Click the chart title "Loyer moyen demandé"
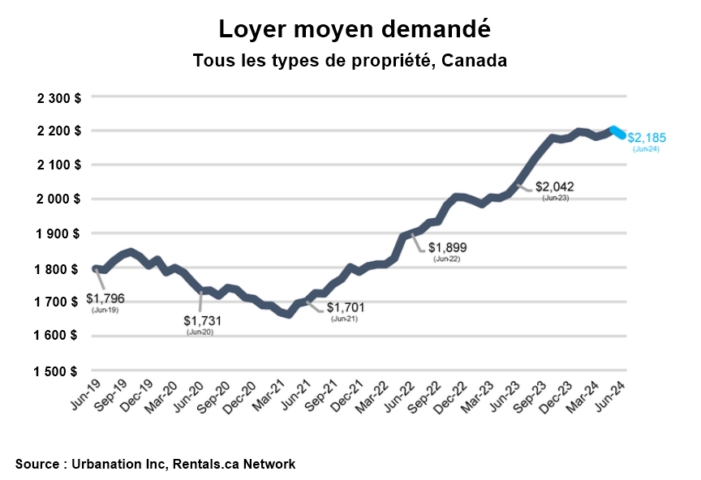click(x=355, y=30)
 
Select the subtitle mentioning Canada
click(x=350, y=62)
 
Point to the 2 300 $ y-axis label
click(x=59, y=97)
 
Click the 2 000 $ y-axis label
click(x=59, y=199)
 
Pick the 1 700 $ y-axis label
click(x=59, y=302)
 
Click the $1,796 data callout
click(x=105, y=298)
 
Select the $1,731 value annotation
click(x=201, y=321)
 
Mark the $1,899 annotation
click(x=447, y=247)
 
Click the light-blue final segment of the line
click(x=618, y=133)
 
